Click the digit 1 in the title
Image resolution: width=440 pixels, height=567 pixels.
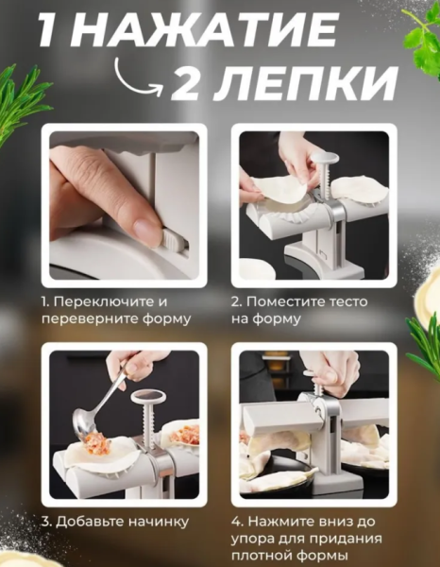(54, 30)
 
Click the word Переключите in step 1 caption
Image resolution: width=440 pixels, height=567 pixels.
(101, 301)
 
